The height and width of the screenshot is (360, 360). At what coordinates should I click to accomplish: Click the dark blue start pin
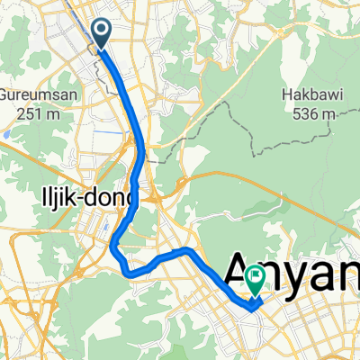point(101,35)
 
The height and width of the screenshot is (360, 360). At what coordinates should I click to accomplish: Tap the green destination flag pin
point(256,281)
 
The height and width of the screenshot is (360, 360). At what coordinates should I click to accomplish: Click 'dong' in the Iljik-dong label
point(112,197)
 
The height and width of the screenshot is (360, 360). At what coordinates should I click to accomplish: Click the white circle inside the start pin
point(101,32)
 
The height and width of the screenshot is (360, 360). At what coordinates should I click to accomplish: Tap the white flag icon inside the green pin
point(256,277)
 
